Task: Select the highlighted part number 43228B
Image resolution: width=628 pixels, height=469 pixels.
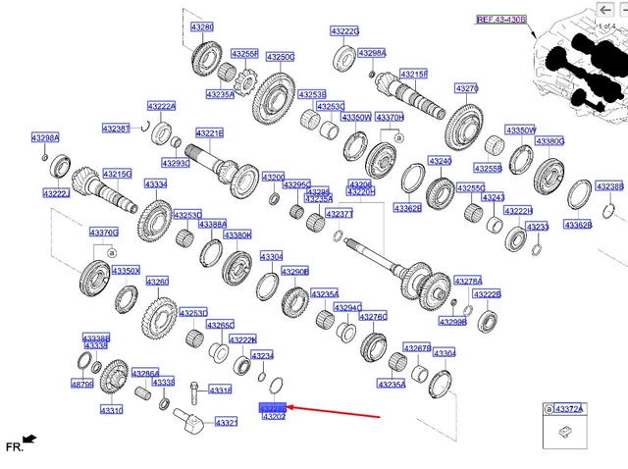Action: coord(272,407)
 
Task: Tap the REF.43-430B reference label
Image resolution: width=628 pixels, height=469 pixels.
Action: coord(501,20)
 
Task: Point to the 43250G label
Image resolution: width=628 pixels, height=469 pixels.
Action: coord(281,57)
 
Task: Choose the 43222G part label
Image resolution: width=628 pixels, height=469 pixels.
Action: coord(344,31)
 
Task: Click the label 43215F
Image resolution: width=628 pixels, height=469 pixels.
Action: coord(413,74)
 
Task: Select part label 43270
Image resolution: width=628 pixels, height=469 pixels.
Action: coord(466,88)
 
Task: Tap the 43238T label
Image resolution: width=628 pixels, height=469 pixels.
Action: coord(116,129)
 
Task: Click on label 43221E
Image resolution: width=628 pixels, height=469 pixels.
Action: coord(209,133)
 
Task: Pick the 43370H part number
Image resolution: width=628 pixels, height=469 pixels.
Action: coord(390,118)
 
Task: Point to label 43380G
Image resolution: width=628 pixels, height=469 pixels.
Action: coord(549,141)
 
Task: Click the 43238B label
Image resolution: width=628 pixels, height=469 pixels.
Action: coord(609,186)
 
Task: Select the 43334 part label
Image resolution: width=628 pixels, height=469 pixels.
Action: coord(155,184)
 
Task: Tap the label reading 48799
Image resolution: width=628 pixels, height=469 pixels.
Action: coord(83,386)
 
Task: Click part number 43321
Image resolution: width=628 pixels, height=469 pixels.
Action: coord(226,423)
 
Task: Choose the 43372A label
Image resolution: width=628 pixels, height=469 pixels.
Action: coord(568,409)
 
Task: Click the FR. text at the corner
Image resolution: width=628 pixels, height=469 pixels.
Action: coord(14,446)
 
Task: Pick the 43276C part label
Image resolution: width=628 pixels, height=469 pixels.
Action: coord(373,316)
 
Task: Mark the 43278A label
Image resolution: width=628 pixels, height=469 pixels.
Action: coord(468,281)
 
